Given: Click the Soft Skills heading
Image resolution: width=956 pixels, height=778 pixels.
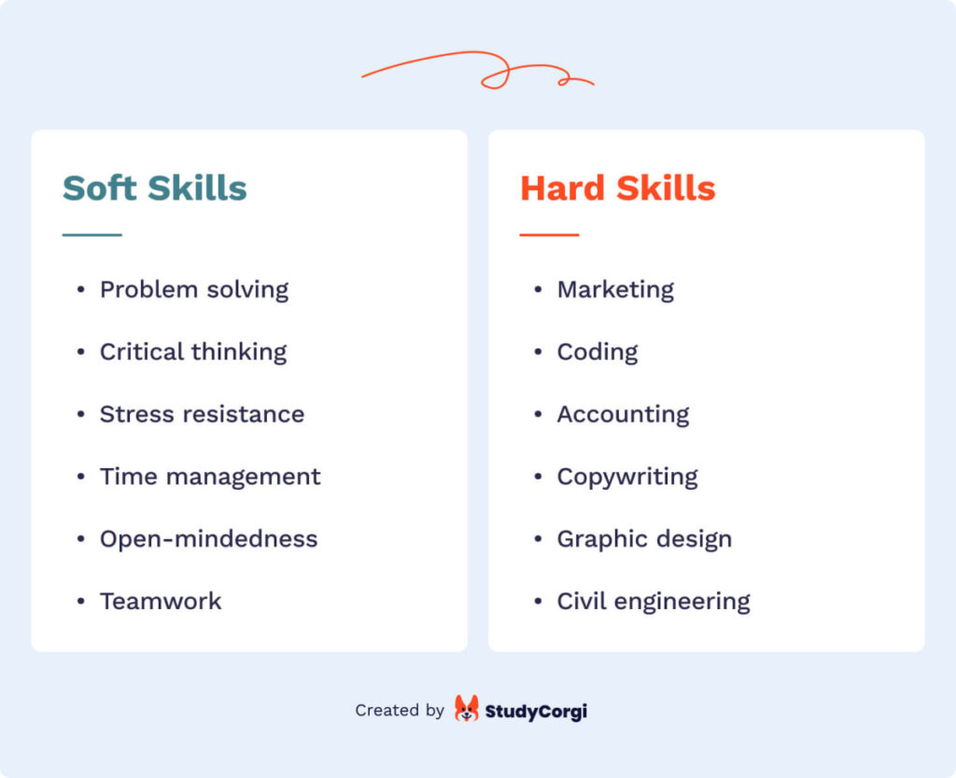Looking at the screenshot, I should [x=154, y=188].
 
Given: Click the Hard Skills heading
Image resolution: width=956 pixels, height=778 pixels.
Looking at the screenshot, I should [x=617, y=188].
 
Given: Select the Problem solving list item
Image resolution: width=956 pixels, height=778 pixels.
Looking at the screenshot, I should [x=194, y=290].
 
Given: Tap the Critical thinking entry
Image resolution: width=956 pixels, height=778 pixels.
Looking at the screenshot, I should [x=193, y=352].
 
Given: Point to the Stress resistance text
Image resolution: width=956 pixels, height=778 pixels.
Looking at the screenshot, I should [x=202, y=414].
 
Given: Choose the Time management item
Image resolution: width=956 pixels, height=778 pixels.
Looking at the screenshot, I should [x=210, y=477].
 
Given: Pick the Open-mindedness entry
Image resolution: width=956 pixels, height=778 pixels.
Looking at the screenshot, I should [x=208, y=539].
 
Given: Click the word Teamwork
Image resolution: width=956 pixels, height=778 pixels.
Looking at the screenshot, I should [x=161, y=601].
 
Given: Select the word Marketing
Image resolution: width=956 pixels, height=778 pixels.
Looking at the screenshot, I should [x=615, y=290].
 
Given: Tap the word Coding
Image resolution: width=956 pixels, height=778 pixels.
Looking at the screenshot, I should [x=597, y=353].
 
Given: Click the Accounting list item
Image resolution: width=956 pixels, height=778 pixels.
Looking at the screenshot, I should [x=623, y=414].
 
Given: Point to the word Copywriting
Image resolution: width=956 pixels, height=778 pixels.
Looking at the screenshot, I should [x=627, y=478].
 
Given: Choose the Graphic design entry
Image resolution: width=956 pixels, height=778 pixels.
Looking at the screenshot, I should [x=644, y=539].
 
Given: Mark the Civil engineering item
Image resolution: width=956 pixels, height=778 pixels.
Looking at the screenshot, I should [x=654, y=602].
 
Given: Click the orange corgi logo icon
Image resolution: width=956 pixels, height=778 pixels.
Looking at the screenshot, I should [x=466, y=709].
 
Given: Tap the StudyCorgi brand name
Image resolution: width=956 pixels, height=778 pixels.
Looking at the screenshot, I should [x=536, y=711].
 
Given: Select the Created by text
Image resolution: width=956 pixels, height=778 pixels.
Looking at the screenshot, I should [x=400, y=711].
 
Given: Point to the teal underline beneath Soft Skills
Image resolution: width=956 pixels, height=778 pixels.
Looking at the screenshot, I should [x=91, y=235].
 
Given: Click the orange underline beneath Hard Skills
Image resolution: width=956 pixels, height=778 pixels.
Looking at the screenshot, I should [x=549, y=235].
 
